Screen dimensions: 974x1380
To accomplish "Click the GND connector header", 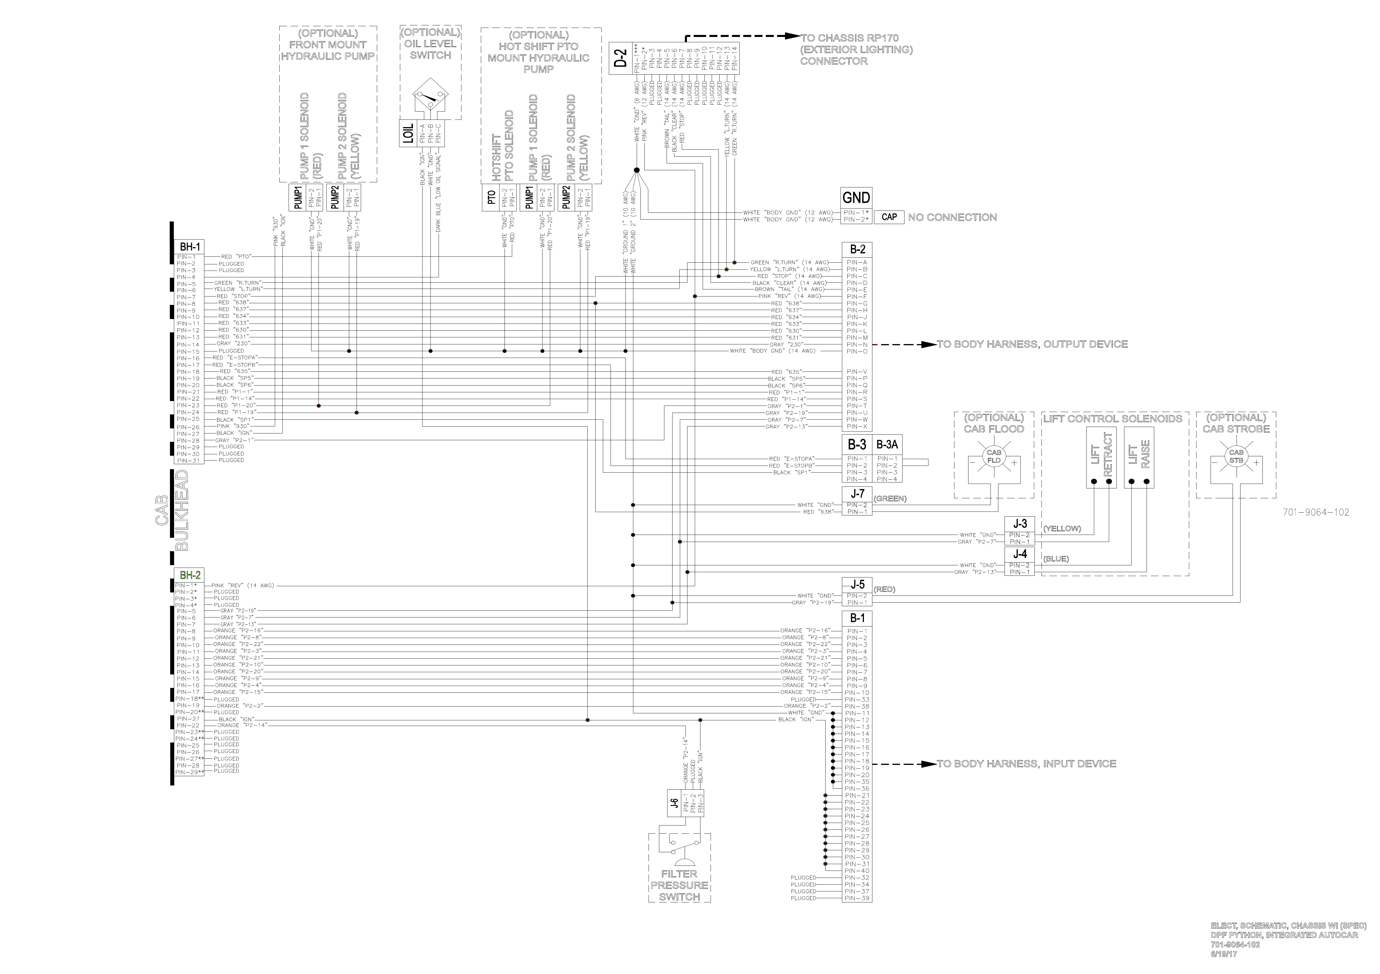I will coord(856,198).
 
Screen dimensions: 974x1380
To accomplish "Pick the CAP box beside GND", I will coord(889,217).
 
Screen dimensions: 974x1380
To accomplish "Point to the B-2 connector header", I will coord(857,249).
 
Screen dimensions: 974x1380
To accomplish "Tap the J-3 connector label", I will coord(1020,523).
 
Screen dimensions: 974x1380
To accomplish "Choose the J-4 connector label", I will coord(1020,554).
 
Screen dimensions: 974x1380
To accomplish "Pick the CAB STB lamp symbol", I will coord(1236,457).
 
